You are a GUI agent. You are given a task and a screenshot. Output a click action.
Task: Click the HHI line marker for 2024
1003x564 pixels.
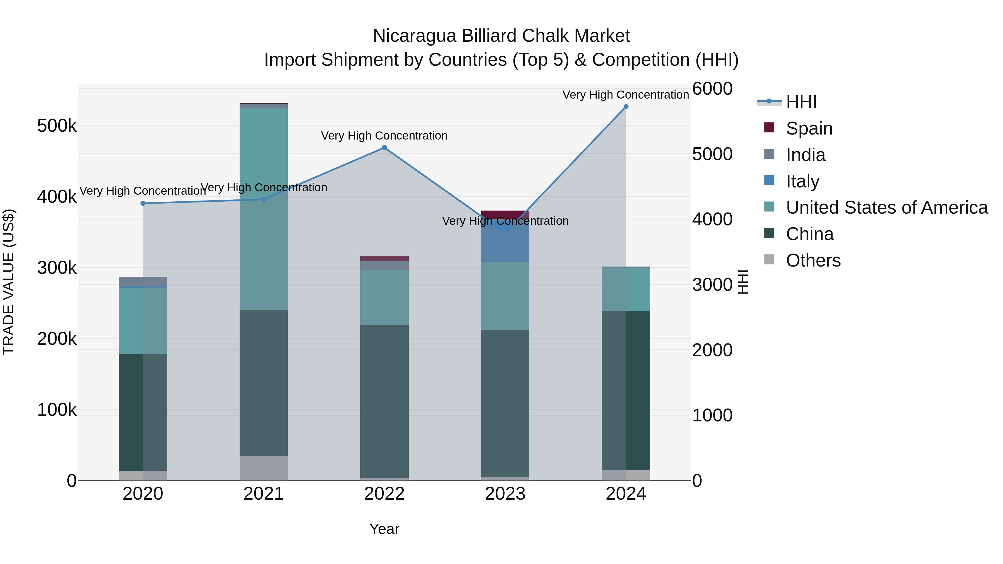pos(626,107)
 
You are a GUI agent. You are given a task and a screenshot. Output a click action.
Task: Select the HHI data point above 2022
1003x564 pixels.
pos(384,148)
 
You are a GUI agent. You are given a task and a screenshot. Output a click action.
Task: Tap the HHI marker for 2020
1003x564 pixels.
pos(143,203)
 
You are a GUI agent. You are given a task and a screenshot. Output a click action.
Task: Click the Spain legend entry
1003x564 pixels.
pos(809,128)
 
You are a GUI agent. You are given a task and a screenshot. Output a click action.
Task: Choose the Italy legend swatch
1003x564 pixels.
pos(769,180)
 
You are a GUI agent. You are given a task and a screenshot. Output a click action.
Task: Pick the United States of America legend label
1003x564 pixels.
pos(887,207)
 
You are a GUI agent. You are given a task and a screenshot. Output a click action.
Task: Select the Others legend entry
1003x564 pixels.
pos(813,260)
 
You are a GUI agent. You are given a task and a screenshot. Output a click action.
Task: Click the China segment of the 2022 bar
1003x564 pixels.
pos(384,401)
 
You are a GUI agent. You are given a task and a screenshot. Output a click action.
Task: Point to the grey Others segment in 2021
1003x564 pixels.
pos(264,468)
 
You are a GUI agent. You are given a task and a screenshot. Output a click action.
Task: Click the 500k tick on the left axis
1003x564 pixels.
pos(57,126)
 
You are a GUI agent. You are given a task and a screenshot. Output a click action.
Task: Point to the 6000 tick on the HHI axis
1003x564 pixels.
pos(712,89)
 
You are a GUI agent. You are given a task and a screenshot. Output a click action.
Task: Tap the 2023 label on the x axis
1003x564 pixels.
pos(505,494)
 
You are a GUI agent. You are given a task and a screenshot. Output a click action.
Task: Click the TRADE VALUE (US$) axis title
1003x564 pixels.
pos(9,282)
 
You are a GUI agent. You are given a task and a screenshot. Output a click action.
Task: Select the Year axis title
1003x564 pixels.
pos(384,529)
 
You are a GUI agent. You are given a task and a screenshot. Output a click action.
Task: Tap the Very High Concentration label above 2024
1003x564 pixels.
pos(626,95)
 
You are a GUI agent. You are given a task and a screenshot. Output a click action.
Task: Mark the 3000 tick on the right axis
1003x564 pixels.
pos(712,285)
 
